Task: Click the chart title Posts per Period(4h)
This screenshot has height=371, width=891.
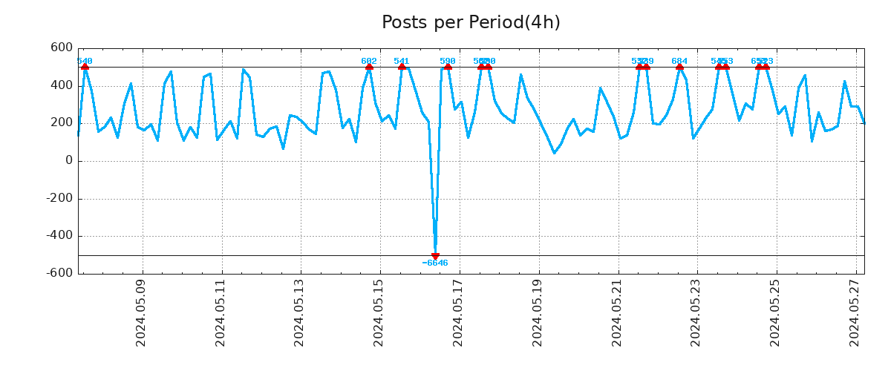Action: [471, 23]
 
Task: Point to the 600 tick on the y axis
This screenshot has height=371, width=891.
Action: [62, 48]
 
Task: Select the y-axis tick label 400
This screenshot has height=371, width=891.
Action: [62, 86]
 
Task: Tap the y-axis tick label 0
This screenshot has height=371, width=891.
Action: [69, 161]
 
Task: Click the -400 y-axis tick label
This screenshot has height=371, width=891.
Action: [59, 236]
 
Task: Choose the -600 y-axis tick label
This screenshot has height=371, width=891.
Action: [59, 274]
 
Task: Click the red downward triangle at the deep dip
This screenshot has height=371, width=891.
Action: [435, 256]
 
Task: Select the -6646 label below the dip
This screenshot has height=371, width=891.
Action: [435, 263]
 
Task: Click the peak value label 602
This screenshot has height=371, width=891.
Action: [369, 61]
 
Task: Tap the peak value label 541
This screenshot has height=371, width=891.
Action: [402, 61]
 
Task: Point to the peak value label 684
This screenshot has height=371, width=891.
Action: [679, 61]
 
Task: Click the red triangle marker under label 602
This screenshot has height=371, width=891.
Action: [369, 67]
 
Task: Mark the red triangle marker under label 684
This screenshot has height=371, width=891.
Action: [679, 67]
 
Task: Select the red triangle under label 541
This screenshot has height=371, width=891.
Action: [402, 67]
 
